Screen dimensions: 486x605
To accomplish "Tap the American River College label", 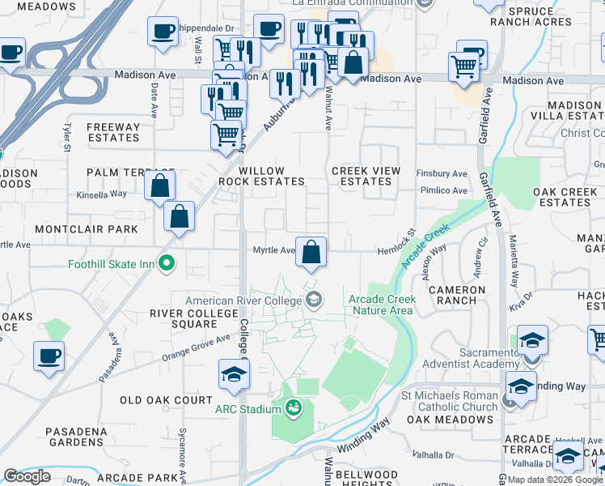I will [243, 301].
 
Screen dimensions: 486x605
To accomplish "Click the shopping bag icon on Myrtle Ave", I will [311, 254].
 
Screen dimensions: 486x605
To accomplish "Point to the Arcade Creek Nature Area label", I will [382, 305].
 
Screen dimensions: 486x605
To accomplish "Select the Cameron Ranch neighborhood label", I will [457, 295].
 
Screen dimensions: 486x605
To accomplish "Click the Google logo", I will [27, 476].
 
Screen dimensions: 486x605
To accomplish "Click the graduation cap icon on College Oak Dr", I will [234, 376].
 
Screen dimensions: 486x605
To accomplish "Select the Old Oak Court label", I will [166, 400].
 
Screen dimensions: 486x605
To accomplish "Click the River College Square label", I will [184, 318].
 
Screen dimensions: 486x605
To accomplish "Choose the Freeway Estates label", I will [113, 132].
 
